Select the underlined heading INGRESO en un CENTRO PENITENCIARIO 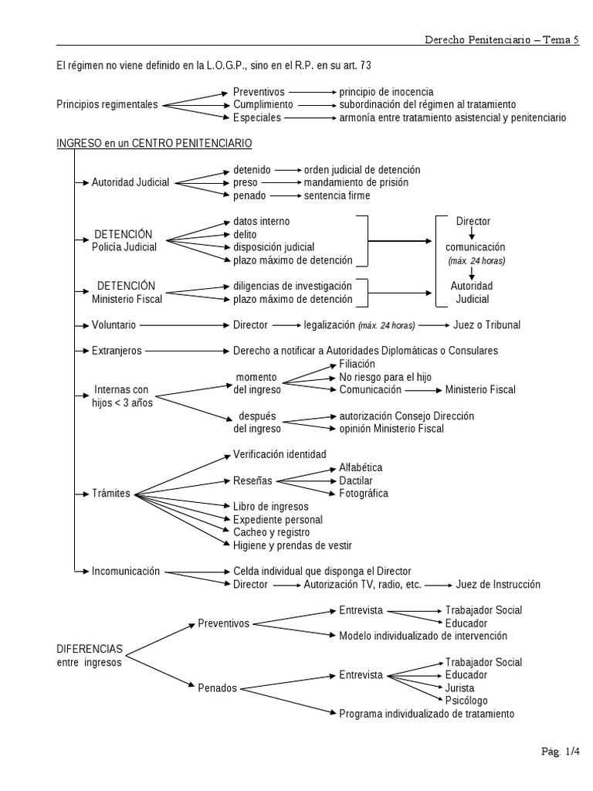click(154, 144)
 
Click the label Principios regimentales click(107, 104)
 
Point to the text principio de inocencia click(386, 91)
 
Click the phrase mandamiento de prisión click(356, 182)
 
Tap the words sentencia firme click(337, 195)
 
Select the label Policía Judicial click(124, 247)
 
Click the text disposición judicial click(273, 247)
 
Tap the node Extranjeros click(117, 351)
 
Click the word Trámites click(111, 494)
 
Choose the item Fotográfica click(364, 493)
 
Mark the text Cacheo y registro click(271, 532)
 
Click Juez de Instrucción click(498, 585)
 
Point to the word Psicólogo click(466, 701)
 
